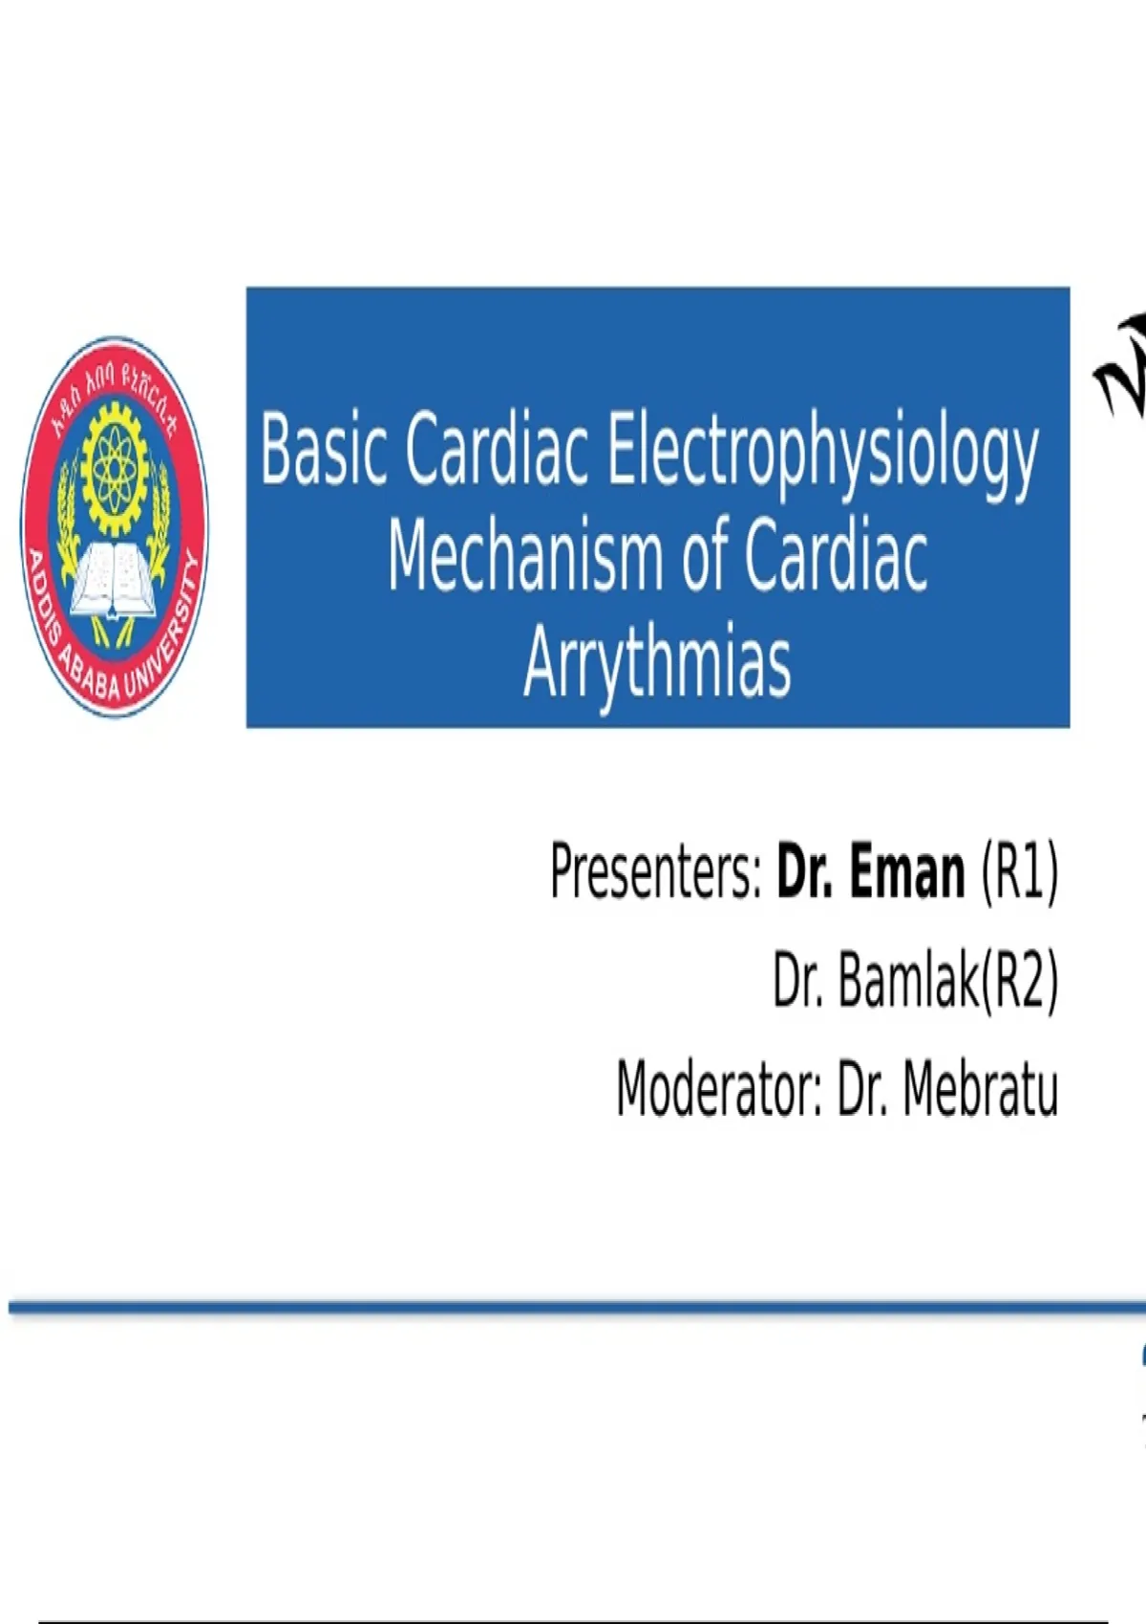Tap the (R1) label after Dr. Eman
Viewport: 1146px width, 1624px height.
coord(1019,872)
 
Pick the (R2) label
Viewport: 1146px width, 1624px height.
coord(1018,982)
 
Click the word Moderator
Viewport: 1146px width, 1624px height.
coord(718,1090)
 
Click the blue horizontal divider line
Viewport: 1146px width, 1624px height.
coord(577,1307)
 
